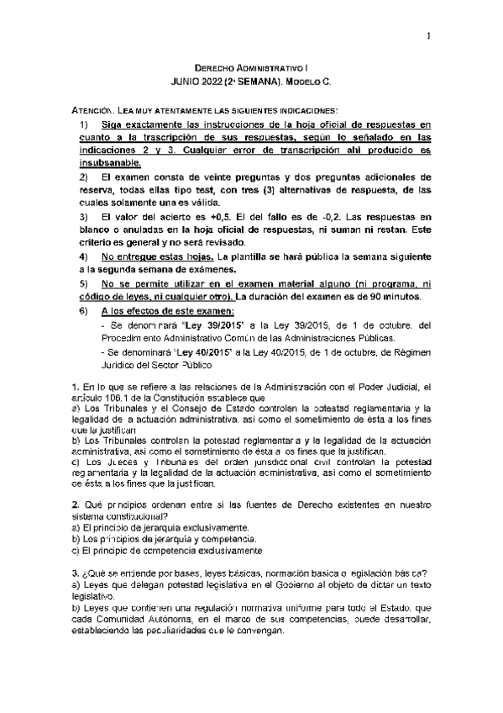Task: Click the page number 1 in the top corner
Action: (x=428, y=35)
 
